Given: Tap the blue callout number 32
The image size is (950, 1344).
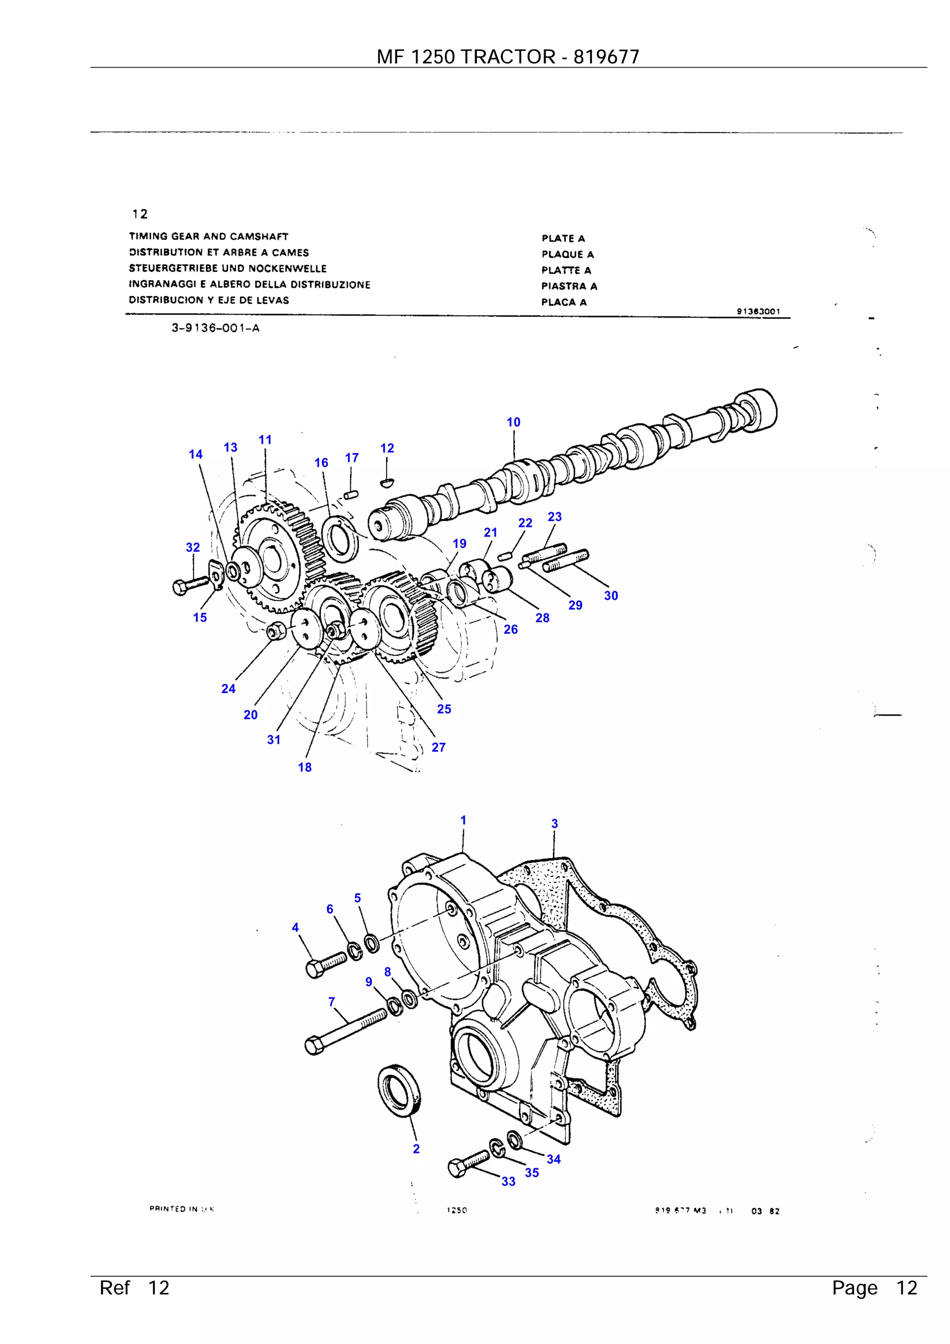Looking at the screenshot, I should tap(193, 547).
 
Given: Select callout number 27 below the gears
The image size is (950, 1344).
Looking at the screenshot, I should tap(438, 747).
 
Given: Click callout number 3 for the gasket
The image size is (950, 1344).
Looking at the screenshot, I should tap(554, 823).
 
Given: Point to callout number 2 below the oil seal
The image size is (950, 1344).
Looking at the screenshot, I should tap(416, 1149).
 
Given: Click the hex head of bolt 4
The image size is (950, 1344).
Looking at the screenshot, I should tap(316, 969).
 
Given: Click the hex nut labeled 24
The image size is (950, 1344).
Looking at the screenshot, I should tap(275, 631).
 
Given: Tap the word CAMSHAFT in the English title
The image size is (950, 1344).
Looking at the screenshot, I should tap(259, 237).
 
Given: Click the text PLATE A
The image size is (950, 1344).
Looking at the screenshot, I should tap(563, 238).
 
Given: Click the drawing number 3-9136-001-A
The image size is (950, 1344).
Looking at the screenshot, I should tap(215, 328).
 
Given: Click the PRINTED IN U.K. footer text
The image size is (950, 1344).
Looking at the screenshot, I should tap(182, 1209).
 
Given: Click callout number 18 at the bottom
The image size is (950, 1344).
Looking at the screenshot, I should tap(304, 767).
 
